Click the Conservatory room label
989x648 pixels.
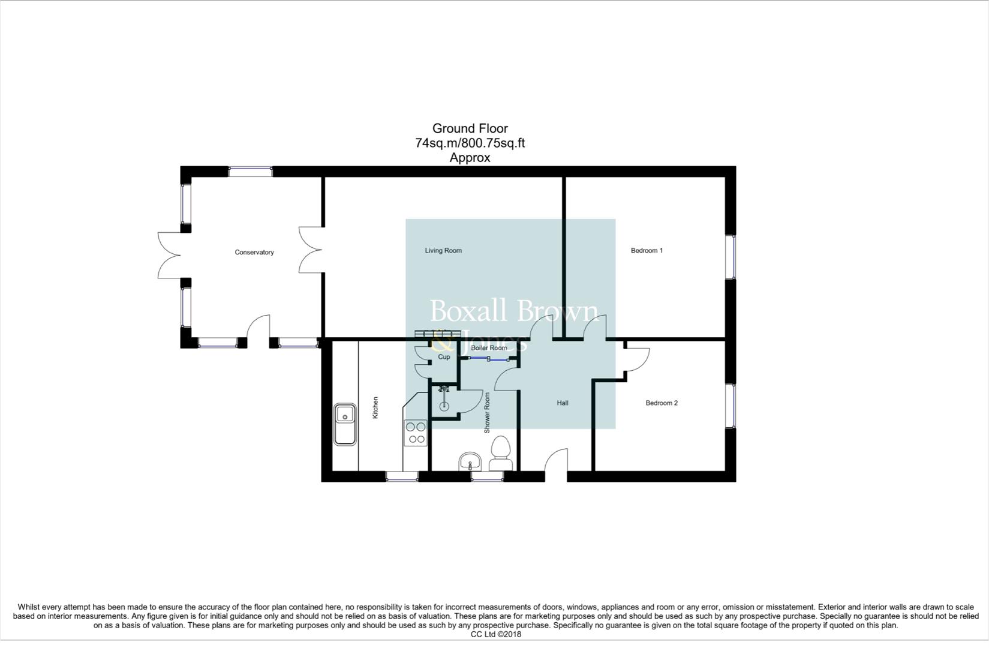(x=254, y=253)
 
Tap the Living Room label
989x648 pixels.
(x=443, y=251)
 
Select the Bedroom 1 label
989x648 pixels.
(x=647, y=251)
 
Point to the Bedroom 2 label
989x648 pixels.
(x=662, y=403)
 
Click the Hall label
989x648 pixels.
(x=562, y=403)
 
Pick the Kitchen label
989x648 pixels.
(x=376, y=407)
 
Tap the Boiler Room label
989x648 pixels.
(x=489, y=348)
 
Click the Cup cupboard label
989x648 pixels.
(x=444, y=357)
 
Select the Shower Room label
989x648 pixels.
(x=487, y=413)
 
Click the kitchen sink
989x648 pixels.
(x=345, y=424)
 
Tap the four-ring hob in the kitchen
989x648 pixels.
(x=416, y=433)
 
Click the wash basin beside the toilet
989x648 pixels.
(x=470, y=462)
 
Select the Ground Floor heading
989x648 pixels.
(x=470, y=128)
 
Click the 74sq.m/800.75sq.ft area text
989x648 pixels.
(x=470, y=143)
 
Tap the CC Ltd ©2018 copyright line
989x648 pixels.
(x=495, y=634)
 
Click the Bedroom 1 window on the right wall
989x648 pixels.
(x=731, y=257)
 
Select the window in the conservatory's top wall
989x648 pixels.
(x=250, y=172)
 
